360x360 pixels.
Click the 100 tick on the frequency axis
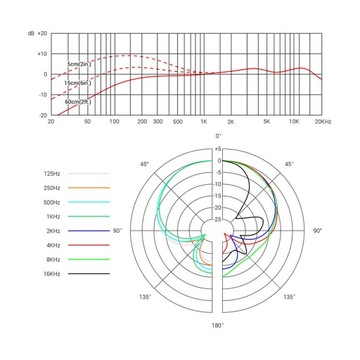pos(116,120)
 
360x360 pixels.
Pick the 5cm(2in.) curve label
pos(81,65)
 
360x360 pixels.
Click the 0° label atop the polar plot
pos(218,135)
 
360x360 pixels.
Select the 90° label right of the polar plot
pos(317,230)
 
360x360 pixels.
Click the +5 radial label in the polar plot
pos(217,149)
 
